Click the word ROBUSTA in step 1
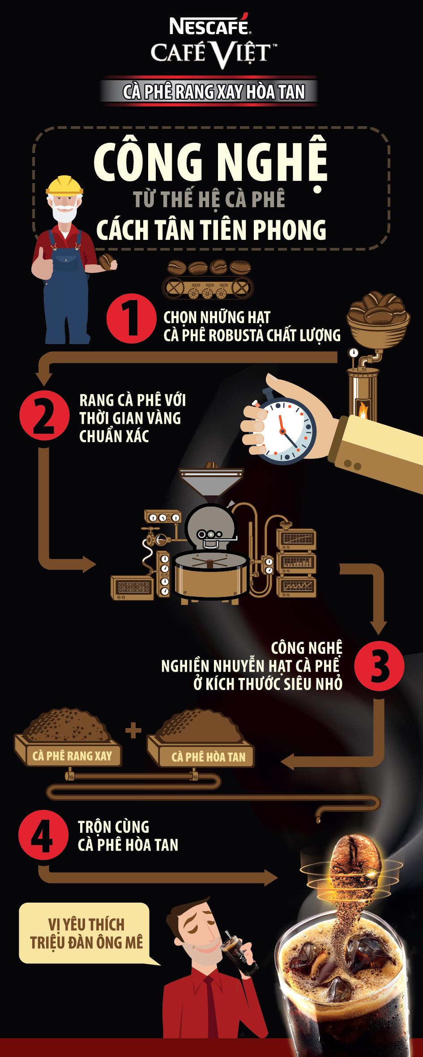233,335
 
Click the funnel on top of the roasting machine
212,483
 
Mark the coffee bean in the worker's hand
107,261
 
